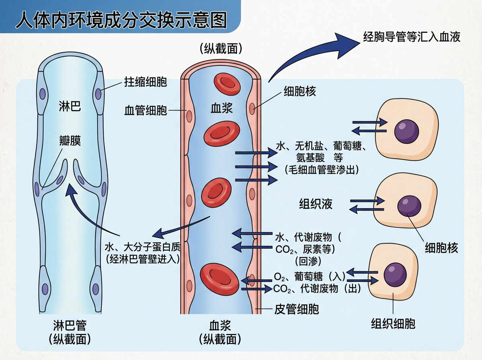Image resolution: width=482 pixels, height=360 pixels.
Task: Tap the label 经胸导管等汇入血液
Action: click(412, 37)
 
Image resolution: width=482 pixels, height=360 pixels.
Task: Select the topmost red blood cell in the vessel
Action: click(227, 84)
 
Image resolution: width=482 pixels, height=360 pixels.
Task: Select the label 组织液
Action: click(316, 204)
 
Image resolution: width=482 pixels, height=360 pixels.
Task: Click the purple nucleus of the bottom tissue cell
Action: click(395, 274)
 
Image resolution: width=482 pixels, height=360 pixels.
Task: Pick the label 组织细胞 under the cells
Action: click(393, 323)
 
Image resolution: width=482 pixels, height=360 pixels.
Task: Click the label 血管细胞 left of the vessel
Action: click(145, 110)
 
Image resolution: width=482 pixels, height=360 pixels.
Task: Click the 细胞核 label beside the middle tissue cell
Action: click(441, 248)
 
